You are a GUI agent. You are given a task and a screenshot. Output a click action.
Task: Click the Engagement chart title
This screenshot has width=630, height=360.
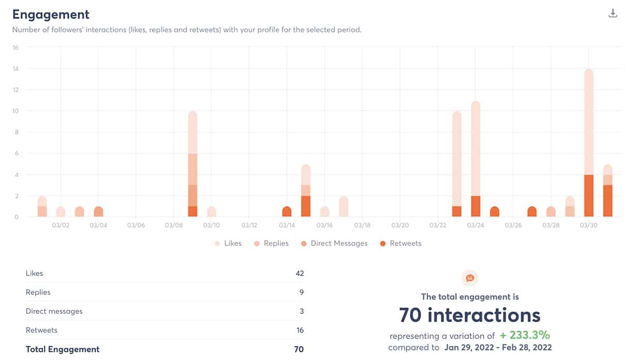pyautogui.click(x=51, y=15)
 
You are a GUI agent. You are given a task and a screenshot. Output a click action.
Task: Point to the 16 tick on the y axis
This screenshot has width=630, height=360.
pyautogui.click(x=15, y=47)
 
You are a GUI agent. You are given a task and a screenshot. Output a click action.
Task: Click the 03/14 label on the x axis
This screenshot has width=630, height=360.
pyautogui.click(x=287, y=225)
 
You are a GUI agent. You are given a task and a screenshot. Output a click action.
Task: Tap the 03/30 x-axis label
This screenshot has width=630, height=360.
pyautogui.click(x=588, y=225)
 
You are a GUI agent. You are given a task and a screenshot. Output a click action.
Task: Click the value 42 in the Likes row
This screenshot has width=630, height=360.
pyautogui.click(x=299, y=273)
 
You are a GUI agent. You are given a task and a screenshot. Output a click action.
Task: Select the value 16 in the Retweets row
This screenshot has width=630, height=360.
pyautogui.click(x=299, y=330)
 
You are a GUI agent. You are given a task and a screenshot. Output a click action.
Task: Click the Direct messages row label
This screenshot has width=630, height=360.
pyautogui.click(x=54, y=311)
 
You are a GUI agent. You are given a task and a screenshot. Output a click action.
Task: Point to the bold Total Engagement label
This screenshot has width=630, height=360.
pyautogui.click(x=62, y=349)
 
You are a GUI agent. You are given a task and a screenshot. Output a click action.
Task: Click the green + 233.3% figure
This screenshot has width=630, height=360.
pyautogui.click(x=524, y=335)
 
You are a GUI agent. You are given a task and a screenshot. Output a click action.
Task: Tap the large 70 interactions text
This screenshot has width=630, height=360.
pyautogui.click(x=469, y=315)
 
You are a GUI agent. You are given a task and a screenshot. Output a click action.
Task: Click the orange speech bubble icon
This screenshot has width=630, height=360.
pyautogui.click(x=470, y=278)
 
